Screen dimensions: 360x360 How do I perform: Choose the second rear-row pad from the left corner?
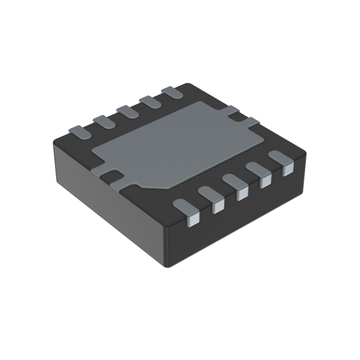click(104, 121)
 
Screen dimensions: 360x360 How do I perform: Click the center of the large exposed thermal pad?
click(175, 144)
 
